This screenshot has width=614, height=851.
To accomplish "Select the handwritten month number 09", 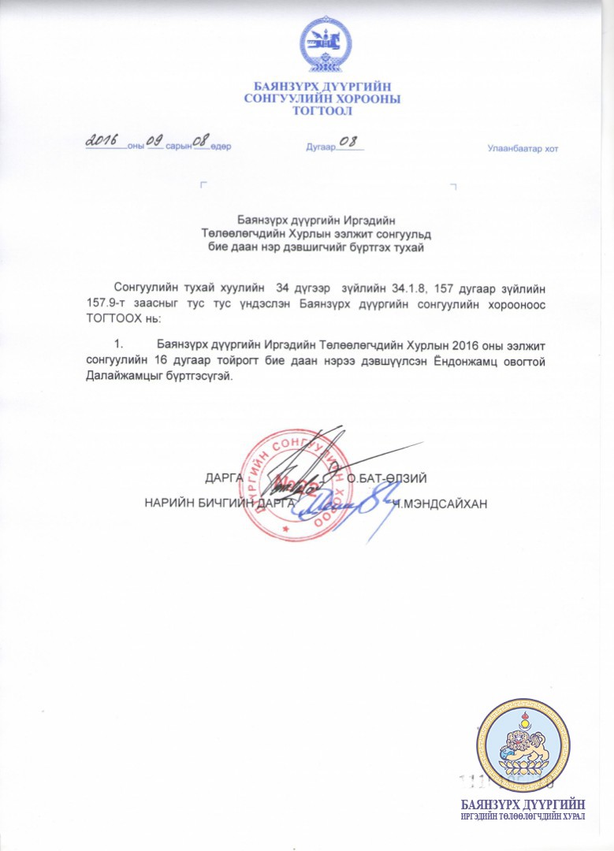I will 154,140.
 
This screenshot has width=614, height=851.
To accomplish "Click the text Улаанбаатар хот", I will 522,150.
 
